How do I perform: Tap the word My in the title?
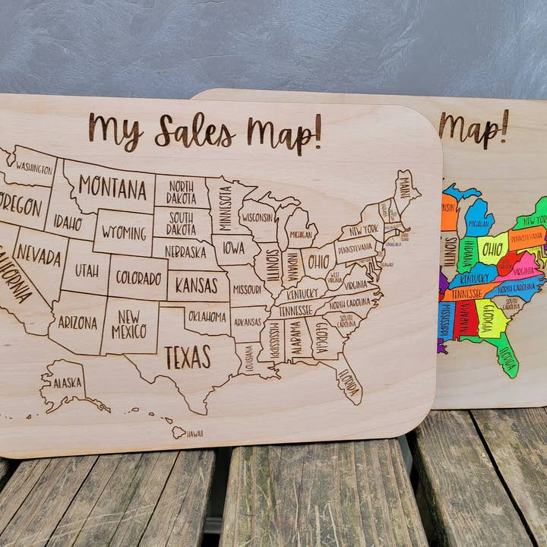[115, 130]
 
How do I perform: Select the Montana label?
[112, 187]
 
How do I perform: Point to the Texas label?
[188, 356]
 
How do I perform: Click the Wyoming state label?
[123, 231]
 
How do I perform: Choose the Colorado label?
[138, 277]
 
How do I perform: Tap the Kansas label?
[197, 286]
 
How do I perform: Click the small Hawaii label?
[194, 434]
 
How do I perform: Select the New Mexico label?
[129, 324]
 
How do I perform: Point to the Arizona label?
[77, 321]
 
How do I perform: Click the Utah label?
[86, 269]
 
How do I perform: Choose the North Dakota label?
[181, 191]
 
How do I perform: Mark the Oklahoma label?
[207, 315]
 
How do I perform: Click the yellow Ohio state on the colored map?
[493, 249]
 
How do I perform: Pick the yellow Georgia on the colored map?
[490, 318]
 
